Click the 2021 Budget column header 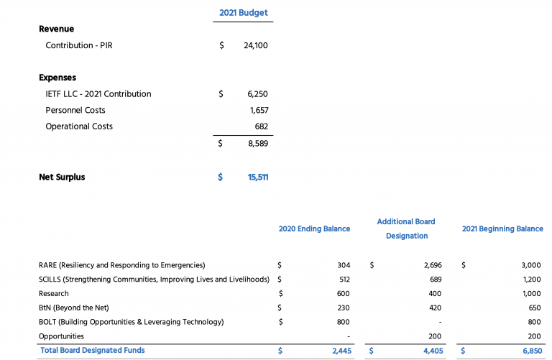point(243,13)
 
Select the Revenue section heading point(56,29)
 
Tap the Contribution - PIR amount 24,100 point(256,46)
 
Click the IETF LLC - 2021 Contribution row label point(98,94)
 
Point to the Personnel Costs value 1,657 point(259,111)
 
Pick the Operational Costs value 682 point(262,126)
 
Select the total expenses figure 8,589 point(257,144)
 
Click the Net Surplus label point(62,177)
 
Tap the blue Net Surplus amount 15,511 point(257,177)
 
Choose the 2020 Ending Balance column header point(314,229)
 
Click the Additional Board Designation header point(406,229)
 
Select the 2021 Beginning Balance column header point(502,229)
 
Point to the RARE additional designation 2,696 point(433,265)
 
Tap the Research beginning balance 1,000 point(531,294)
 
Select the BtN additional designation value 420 point(436,308)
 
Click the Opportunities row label point(61,336)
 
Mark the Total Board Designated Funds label point(92,351)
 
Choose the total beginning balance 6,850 point(531,351)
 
